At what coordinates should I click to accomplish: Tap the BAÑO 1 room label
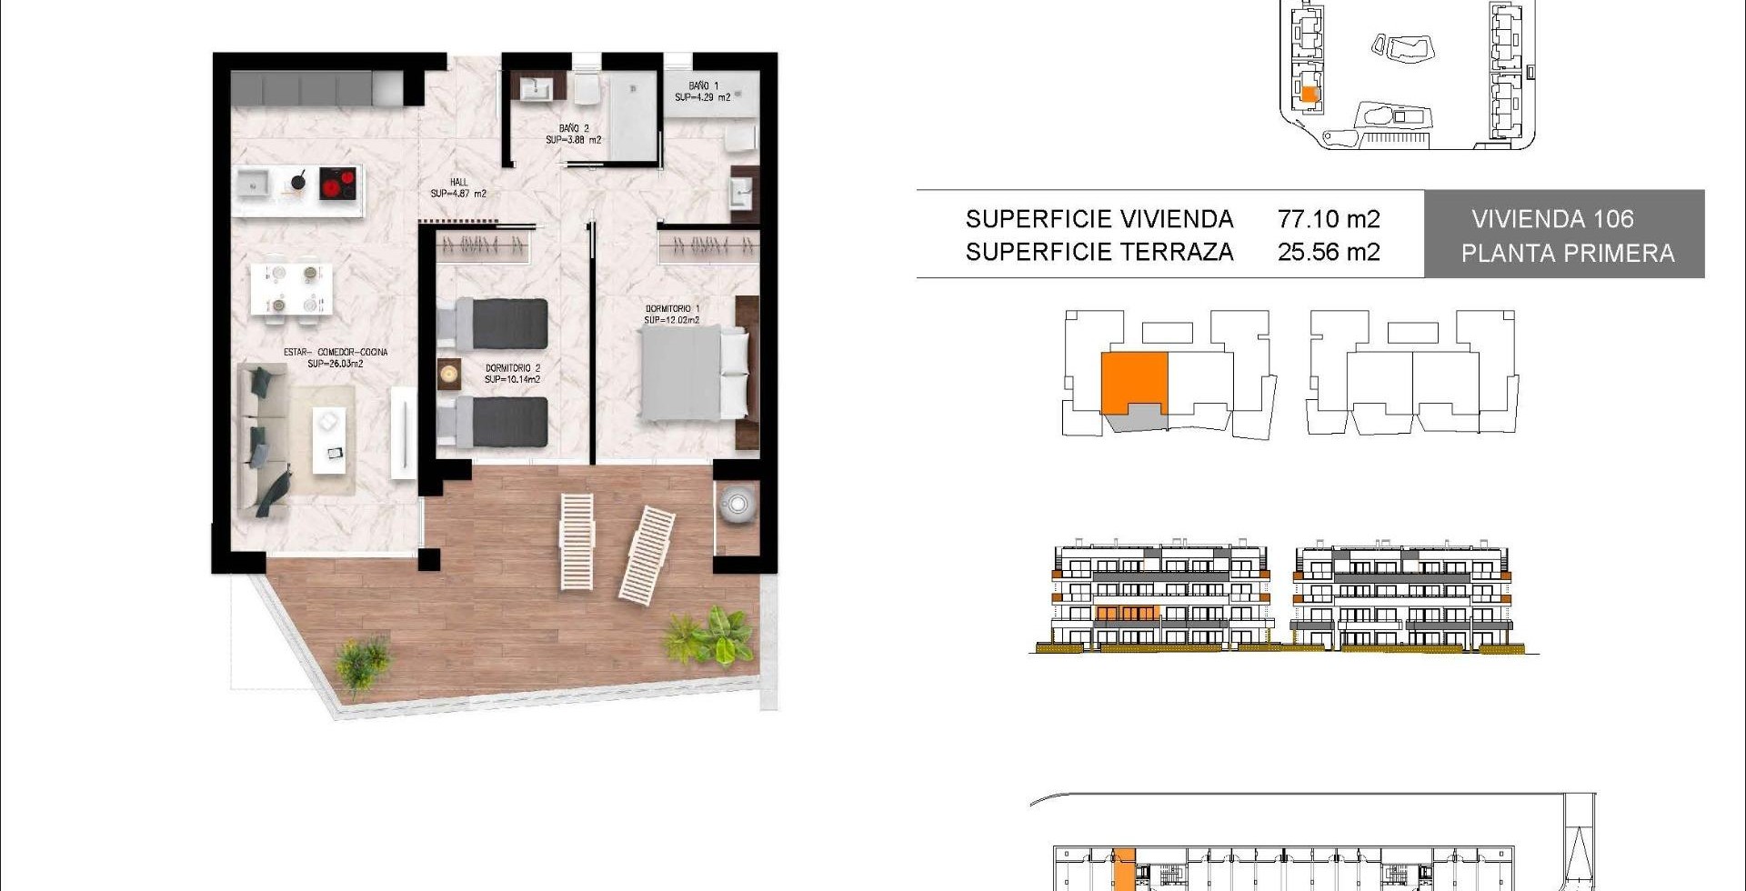(703, 92)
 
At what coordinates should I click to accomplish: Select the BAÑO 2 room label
(574, 135)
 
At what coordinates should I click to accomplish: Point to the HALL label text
(458, 188)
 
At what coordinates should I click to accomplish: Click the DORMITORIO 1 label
(672, 315)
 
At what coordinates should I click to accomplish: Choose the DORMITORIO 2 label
(513, 374)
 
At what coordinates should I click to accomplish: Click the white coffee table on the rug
(329, 441)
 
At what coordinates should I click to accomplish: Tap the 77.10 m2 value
(1329, 219)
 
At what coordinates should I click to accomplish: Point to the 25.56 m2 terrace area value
(1329, 252)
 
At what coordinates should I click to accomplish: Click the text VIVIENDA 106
(1552, 219)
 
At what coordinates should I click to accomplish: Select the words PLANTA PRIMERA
(1568, 254)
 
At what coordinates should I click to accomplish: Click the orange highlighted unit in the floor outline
(1134, 383)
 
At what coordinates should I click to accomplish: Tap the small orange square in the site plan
(1309, 94)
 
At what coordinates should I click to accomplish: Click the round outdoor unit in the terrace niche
(737, 504)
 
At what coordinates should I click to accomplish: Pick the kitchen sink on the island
(253, 185)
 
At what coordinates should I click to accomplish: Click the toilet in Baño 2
(585, 89)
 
